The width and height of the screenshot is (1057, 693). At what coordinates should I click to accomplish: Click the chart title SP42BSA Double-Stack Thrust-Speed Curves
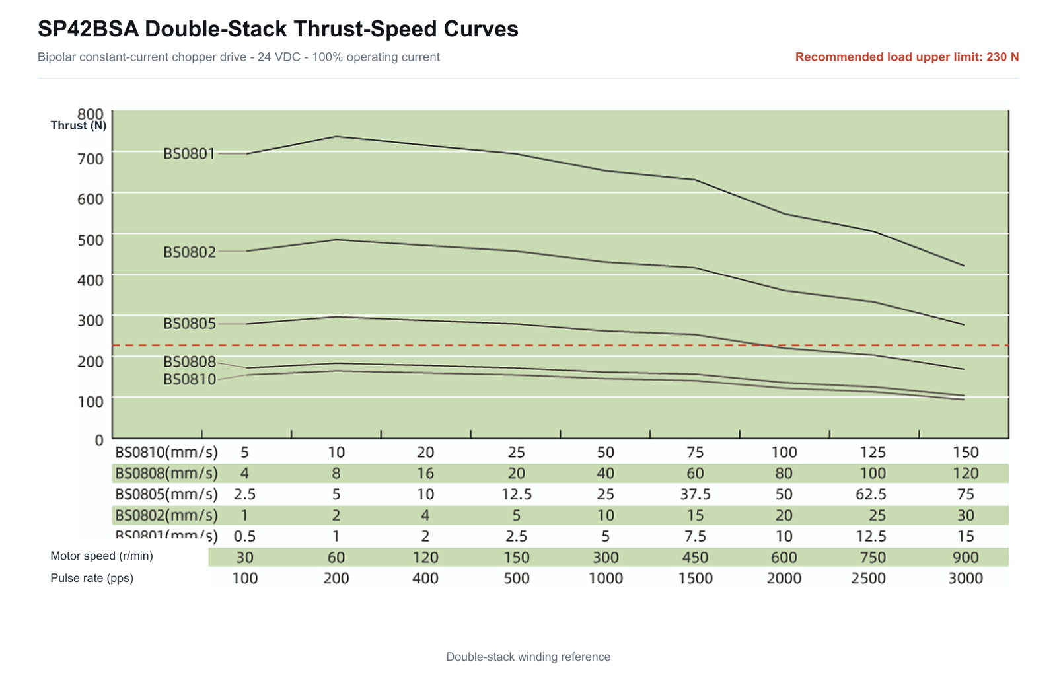(278, 29)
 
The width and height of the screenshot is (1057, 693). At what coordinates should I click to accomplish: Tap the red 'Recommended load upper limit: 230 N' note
(907, 57)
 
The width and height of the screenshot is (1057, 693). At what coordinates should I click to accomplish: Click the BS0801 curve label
(189, 154)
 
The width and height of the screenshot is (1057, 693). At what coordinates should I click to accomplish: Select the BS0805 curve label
(189, 324)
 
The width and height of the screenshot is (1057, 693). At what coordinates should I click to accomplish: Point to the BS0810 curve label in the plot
(189, 379)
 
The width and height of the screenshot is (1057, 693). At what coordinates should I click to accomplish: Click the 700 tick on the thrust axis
(90, 159)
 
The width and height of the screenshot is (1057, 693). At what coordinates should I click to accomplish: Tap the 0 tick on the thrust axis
(98, 440)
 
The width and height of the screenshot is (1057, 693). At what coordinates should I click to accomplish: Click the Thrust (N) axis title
(79, 126)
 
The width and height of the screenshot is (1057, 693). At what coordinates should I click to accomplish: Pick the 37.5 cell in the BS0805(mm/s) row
(695, 494)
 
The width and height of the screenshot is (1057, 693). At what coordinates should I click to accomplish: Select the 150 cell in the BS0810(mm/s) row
(965, 453)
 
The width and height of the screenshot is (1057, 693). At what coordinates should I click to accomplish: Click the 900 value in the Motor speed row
(965, 557)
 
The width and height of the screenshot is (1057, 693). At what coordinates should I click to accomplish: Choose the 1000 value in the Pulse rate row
(605, 578)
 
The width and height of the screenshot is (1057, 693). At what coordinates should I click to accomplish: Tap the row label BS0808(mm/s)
(166, 473)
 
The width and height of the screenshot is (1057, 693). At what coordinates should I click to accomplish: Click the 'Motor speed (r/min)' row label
(102, 556)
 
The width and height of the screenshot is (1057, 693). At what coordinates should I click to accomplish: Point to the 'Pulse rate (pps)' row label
(92, 578)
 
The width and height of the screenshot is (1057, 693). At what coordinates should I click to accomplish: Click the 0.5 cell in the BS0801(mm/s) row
(244, 536)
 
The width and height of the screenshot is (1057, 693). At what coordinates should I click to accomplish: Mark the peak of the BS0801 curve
(336, 137)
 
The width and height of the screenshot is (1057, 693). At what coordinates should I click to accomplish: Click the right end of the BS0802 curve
(964, 325)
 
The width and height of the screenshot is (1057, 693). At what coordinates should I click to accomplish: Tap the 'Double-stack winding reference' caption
(528, 657)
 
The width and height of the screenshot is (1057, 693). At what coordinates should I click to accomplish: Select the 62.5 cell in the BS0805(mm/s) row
(871, 494)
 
